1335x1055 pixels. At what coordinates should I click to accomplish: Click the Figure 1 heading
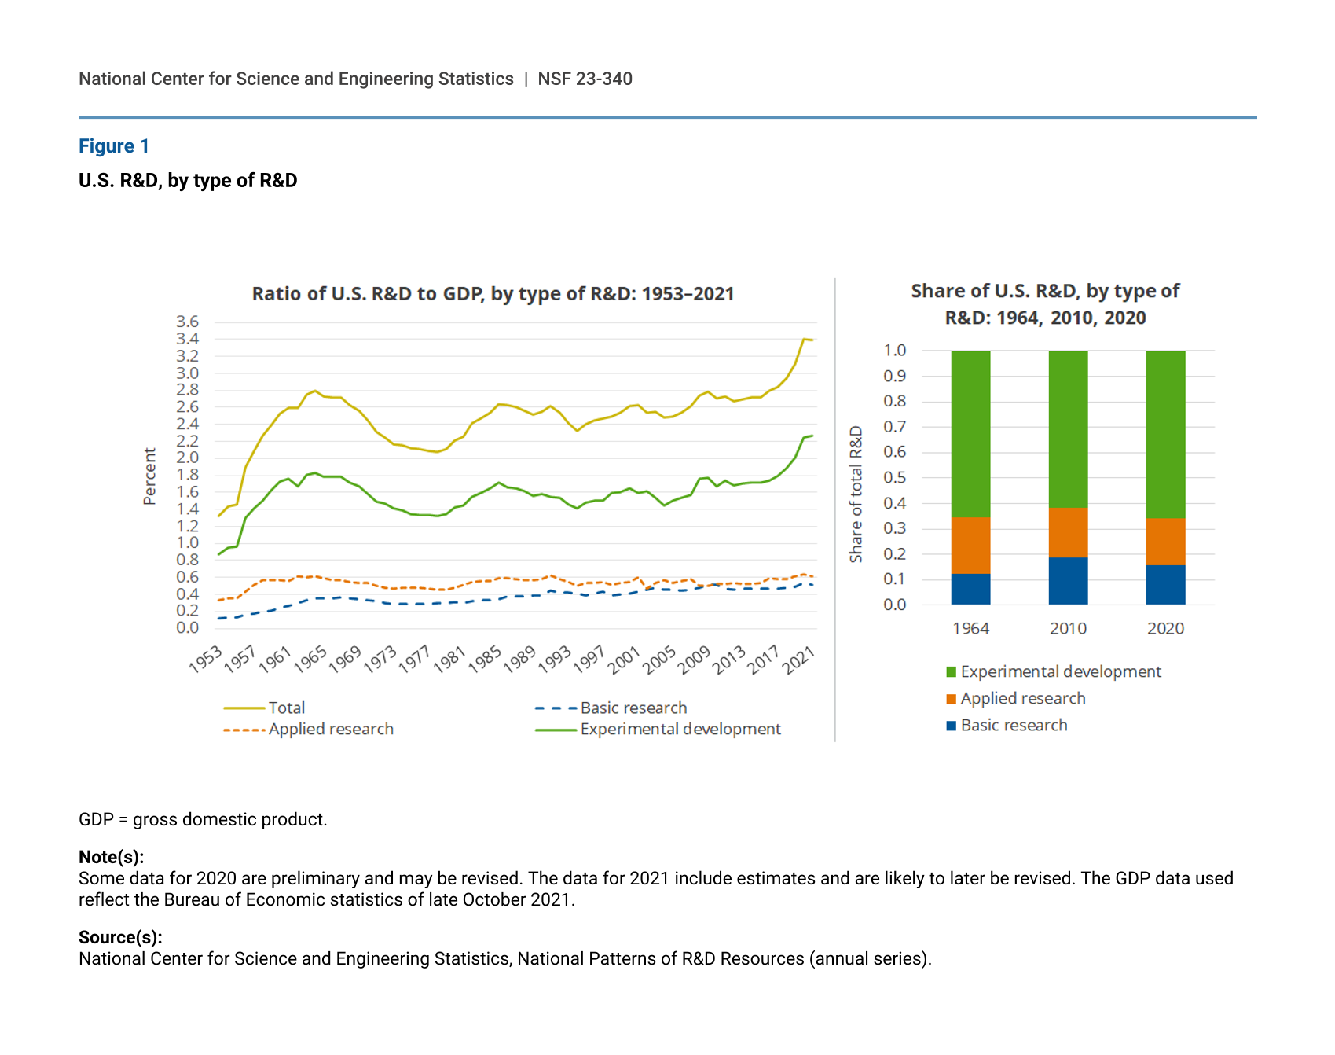[114, 146]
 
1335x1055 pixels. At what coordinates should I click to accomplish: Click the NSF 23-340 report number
[585, 79]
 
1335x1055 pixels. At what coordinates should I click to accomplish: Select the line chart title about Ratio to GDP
[493, 294]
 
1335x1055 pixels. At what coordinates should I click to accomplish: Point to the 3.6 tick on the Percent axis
[187, 322]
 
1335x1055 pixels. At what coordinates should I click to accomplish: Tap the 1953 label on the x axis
[206, 660]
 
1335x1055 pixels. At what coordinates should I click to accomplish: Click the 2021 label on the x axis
[799, 660]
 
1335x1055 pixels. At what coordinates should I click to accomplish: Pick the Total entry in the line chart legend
[286, 708]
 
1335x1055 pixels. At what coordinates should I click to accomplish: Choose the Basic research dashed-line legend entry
[633, 708]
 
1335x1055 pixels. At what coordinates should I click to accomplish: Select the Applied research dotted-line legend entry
[330, 729]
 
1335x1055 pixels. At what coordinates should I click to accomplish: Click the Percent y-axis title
[149, 476]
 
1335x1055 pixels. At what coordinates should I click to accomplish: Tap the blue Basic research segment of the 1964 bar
[970, 589]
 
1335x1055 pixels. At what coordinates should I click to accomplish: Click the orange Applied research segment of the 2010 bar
[1068, 532]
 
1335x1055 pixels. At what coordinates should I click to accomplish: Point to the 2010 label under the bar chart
[1068, 628]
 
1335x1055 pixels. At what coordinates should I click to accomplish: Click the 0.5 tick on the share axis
[895, 477]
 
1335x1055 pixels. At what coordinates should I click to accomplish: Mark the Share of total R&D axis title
[856, 494]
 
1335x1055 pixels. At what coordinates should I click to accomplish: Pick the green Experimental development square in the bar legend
[952, 672]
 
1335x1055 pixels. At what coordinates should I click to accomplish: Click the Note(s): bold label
[111, 857]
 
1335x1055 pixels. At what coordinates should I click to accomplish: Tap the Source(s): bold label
[120, 937]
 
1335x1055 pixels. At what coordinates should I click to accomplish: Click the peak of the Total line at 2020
[803, 339]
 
